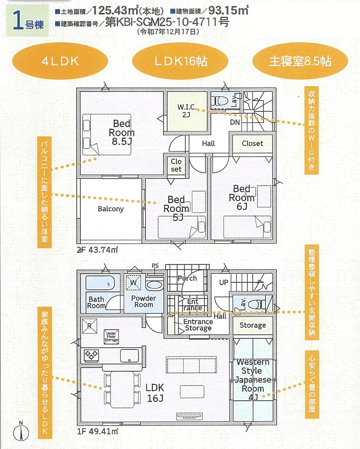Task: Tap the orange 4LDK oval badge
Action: (60, 61)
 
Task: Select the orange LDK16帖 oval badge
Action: (180, 61)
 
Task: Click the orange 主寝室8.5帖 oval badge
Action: (300, 61)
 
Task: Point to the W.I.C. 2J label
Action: (187, 111)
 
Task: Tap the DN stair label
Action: (235, 122)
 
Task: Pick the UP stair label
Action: (224, 282)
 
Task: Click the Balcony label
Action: (111, 209)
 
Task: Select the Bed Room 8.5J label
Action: (122, 133)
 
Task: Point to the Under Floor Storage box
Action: (111, 336)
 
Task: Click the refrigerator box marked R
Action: (89, 326)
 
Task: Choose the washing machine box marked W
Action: (134, 283)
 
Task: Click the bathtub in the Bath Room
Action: (100, 282)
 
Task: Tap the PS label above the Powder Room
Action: (155, 266)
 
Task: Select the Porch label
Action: (187, 278)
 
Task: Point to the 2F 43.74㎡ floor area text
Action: (97, 250)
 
